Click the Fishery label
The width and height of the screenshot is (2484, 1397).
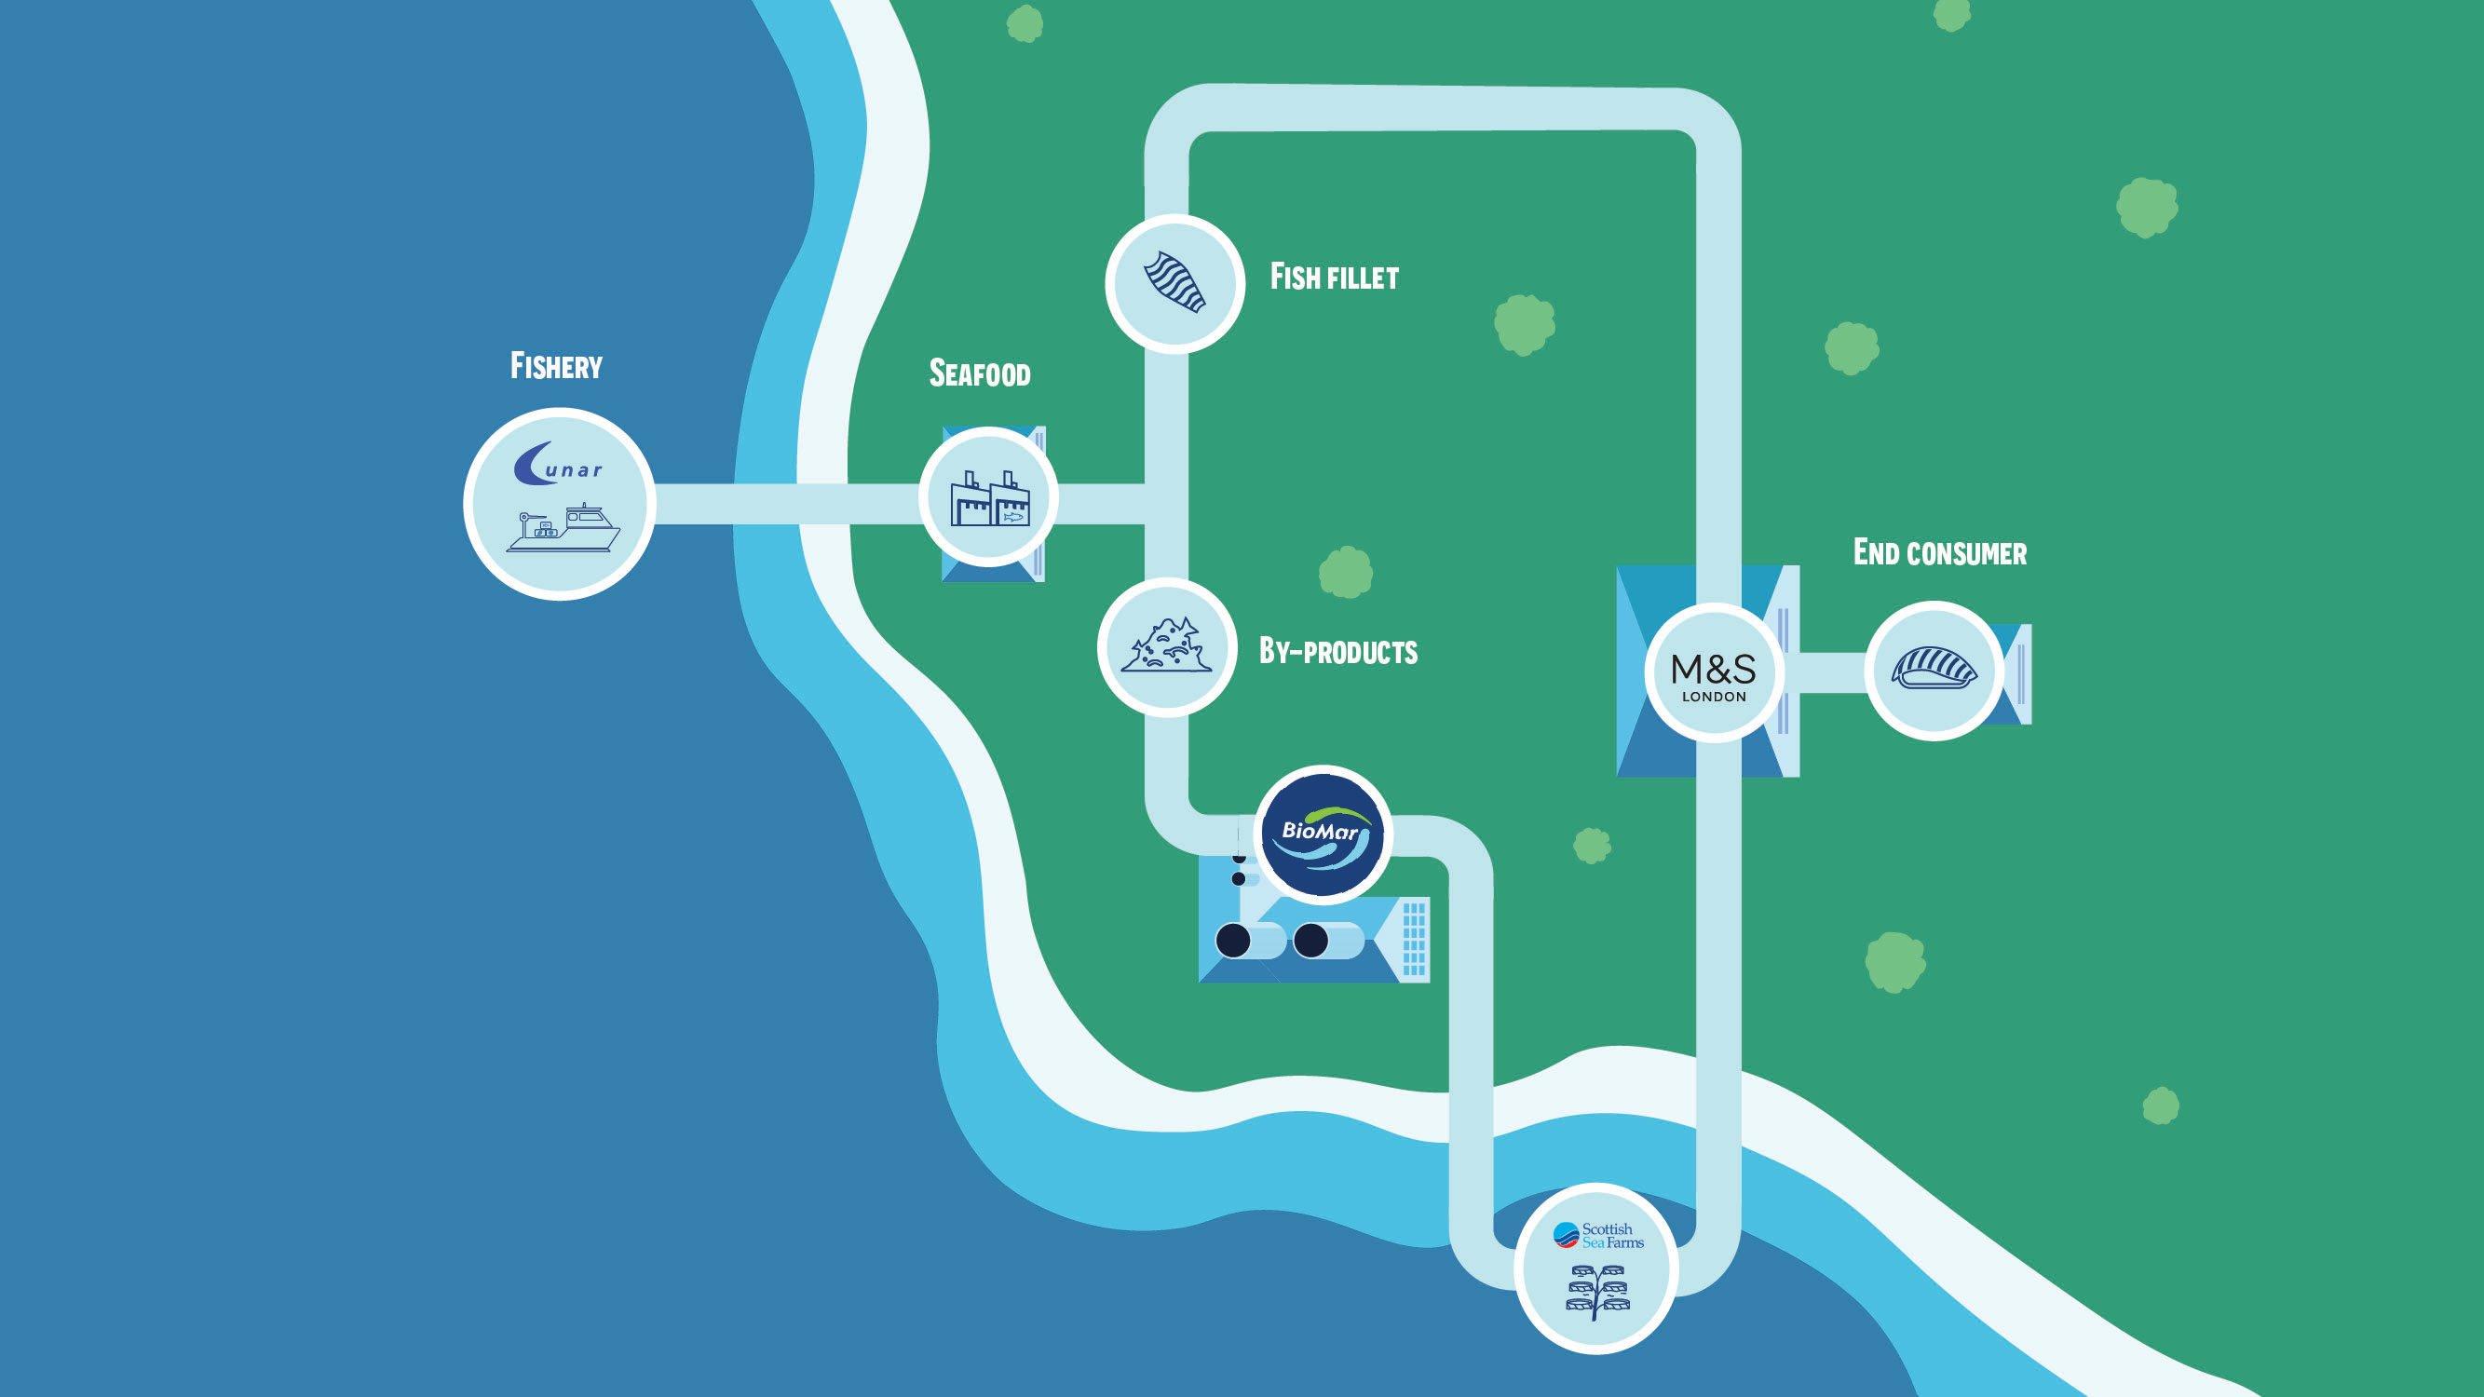(555, 366)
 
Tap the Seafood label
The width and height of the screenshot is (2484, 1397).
(979, 374)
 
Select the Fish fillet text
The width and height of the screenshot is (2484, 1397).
(1334, 278)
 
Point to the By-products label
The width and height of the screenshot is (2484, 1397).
(1337, 652)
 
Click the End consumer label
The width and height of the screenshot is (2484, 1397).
(1939, 553)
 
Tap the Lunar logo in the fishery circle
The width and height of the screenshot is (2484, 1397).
(558, 464)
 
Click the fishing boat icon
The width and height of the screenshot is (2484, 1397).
(564, 528)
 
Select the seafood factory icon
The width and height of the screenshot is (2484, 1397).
(989, 498)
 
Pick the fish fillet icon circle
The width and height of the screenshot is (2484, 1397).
(1174, 282)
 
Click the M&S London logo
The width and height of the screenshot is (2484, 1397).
(1714, 673)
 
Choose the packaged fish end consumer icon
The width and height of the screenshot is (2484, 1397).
(1934, 669)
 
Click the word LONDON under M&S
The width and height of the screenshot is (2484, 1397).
(1714, 697)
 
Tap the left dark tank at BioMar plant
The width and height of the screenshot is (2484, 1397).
(1232, 940)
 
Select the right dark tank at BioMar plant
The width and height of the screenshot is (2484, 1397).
(1310, 940)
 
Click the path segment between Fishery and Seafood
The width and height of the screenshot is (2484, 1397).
(786, 503)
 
